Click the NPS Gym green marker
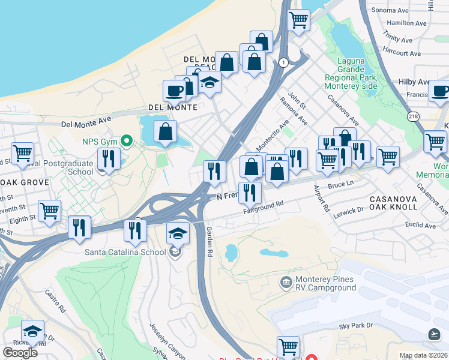tap(126, 142)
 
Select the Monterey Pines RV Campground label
tap(327, 283)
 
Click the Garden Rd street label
tap(209, 242)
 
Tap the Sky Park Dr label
tap(356, 325)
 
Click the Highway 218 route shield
tap(412, 116)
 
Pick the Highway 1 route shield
tap(282, 62)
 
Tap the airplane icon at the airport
tap(435, 334)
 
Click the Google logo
tap(20, 352)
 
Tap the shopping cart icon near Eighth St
tap(49, 210)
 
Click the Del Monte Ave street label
tap(87, 123)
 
